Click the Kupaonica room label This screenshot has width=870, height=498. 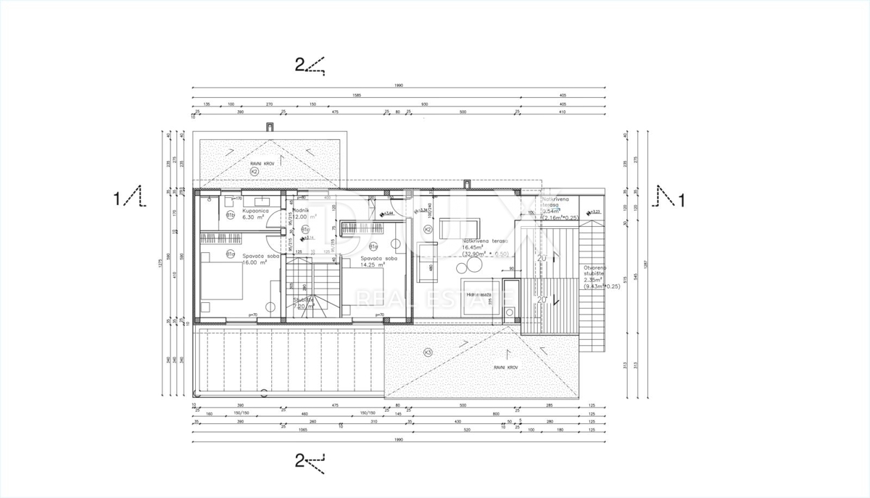pos(256,209)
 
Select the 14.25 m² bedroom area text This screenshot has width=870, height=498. pos(370,265)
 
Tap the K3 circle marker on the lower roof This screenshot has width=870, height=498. pos(428,352)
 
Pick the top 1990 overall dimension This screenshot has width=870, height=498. pos(398,86)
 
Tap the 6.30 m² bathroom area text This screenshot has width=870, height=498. pos(256,217)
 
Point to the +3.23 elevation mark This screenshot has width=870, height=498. pos(597,211)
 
